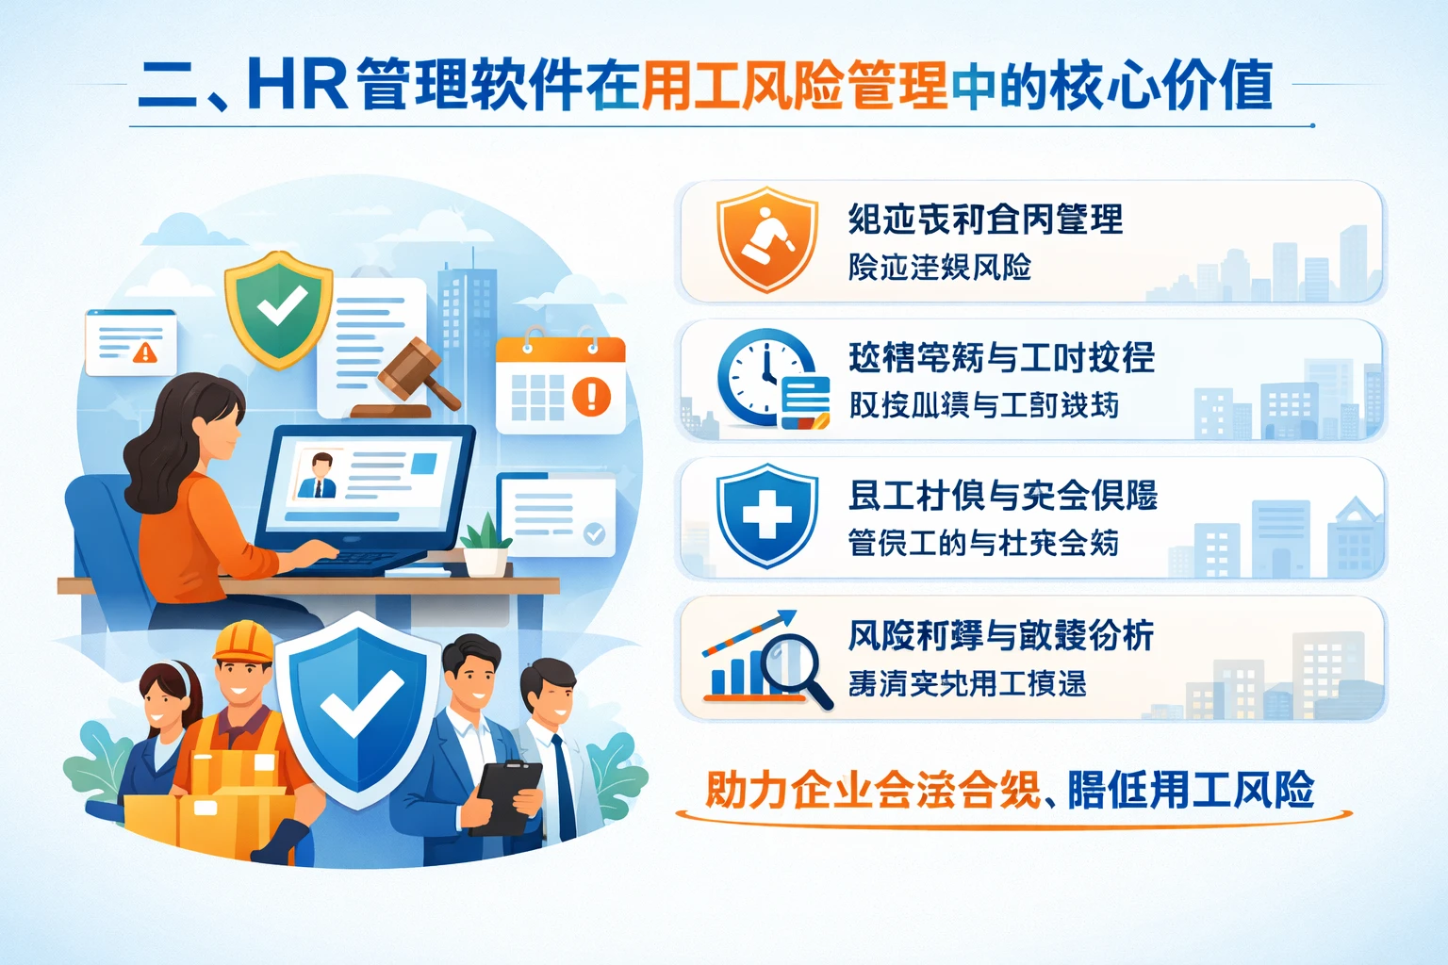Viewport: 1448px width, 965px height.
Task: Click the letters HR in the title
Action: [298, 85]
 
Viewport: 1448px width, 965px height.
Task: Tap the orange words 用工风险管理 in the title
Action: [794, 85]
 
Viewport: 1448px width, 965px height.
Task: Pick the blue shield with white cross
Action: [766, 515]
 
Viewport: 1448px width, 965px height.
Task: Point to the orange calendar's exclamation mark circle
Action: [592, 396]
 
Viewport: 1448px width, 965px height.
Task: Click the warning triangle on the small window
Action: [145, 352]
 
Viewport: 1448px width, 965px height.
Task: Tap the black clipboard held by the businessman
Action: [507, 797]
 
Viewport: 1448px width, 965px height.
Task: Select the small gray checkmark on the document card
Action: [594, 533]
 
